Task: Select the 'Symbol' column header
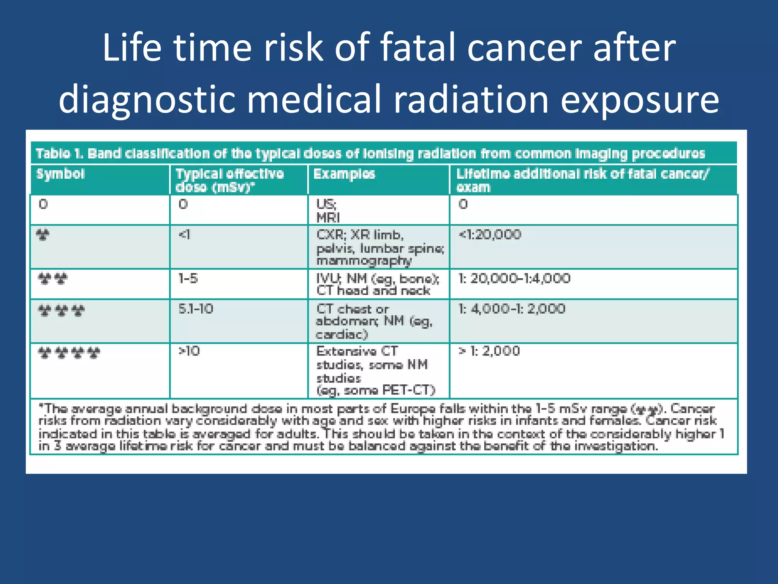point(60,174)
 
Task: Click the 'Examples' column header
point(344,174)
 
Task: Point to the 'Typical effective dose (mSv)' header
point(229,180)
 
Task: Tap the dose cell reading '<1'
point(184,235)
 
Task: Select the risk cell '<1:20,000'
point(490,235)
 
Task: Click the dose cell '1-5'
point(188,279)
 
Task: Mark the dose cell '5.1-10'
point(196,309)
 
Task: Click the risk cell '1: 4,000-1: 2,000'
point(512,309)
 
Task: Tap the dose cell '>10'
point(189,351)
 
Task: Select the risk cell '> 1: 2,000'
point(489,351)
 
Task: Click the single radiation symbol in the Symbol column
point(43,235)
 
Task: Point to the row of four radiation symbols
point(69,353)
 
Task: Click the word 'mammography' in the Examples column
point(364,261)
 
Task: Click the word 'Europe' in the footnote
point(413,409)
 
